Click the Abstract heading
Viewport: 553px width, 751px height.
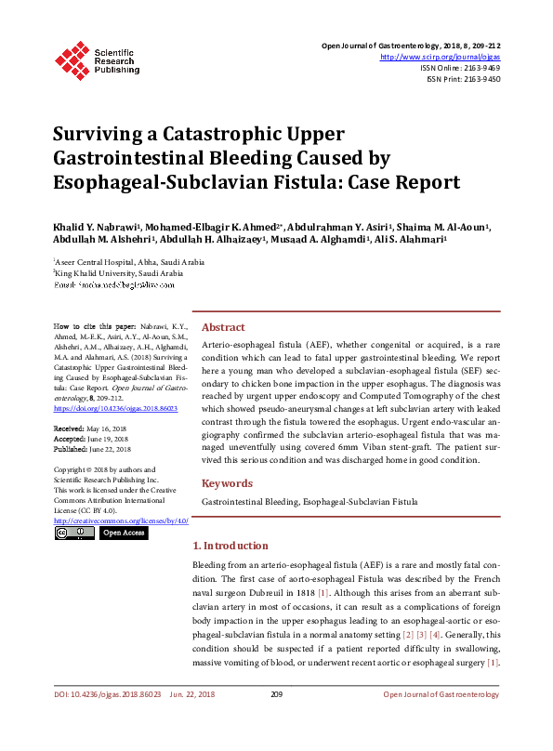pos(224,327)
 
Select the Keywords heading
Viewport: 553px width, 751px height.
pos(227,483)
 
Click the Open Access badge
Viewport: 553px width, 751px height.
pos(124,534)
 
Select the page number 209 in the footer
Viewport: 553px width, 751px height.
pos(276,694)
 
